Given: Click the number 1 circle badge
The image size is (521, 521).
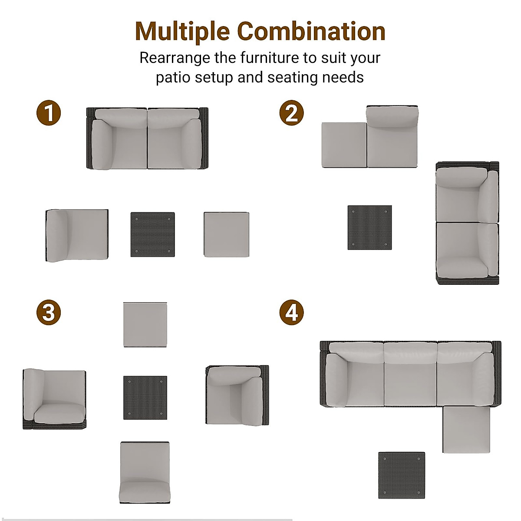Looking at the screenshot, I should (48, 113).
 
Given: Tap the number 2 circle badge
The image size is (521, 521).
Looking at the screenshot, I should (291, 113).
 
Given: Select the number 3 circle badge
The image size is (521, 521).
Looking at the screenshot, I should (48, 312).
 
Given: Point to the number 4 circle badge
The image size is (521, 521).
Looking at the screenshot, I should (291, 312).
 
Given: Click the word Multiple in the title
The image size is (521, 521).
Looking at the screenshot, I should (182, 31).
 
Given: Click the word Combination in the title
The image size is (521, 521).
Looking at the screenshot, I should (311, 31).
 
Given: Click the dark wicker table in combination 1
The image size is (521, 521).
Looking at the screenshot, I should (152, 234).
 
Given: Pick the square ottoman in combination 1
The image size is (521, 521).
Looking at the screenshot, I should (226, 234).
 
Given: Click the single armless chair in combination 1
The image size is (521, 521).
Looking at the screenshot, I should (77, 235).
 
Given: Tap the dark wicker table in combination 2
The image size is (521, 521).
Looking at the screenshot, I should (369, 228).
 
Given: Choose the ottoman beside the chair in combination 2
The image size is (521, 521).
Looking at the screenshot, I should (344, 145).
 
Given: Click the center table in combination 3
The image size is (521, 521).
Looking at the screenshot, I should (145, 398).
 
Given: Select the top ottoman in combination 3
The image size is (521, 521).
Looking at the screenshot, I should (145, 325).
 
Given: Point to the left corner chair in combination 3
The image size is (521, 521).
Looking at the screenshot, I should (54, 399).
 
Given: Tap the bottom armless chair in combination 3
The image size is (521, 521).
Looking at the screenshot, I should (145, 472).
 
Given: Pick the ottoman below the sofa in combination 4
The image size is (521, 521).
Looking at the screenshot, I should (466, 430).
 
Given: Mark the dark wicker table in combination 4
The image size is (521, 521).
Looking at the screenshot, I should (401, 475).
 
